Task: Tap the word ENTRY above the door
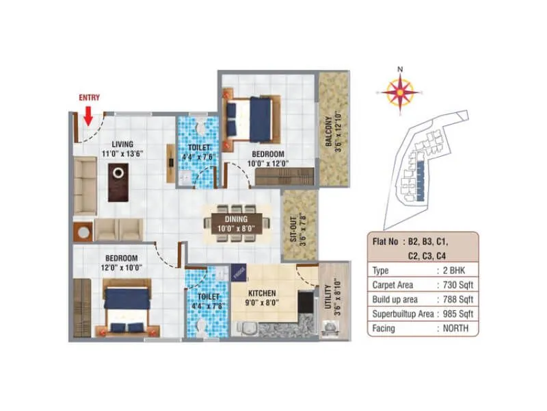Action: pos(89,98)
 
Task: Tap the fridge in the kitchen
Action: pos(238,273)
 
